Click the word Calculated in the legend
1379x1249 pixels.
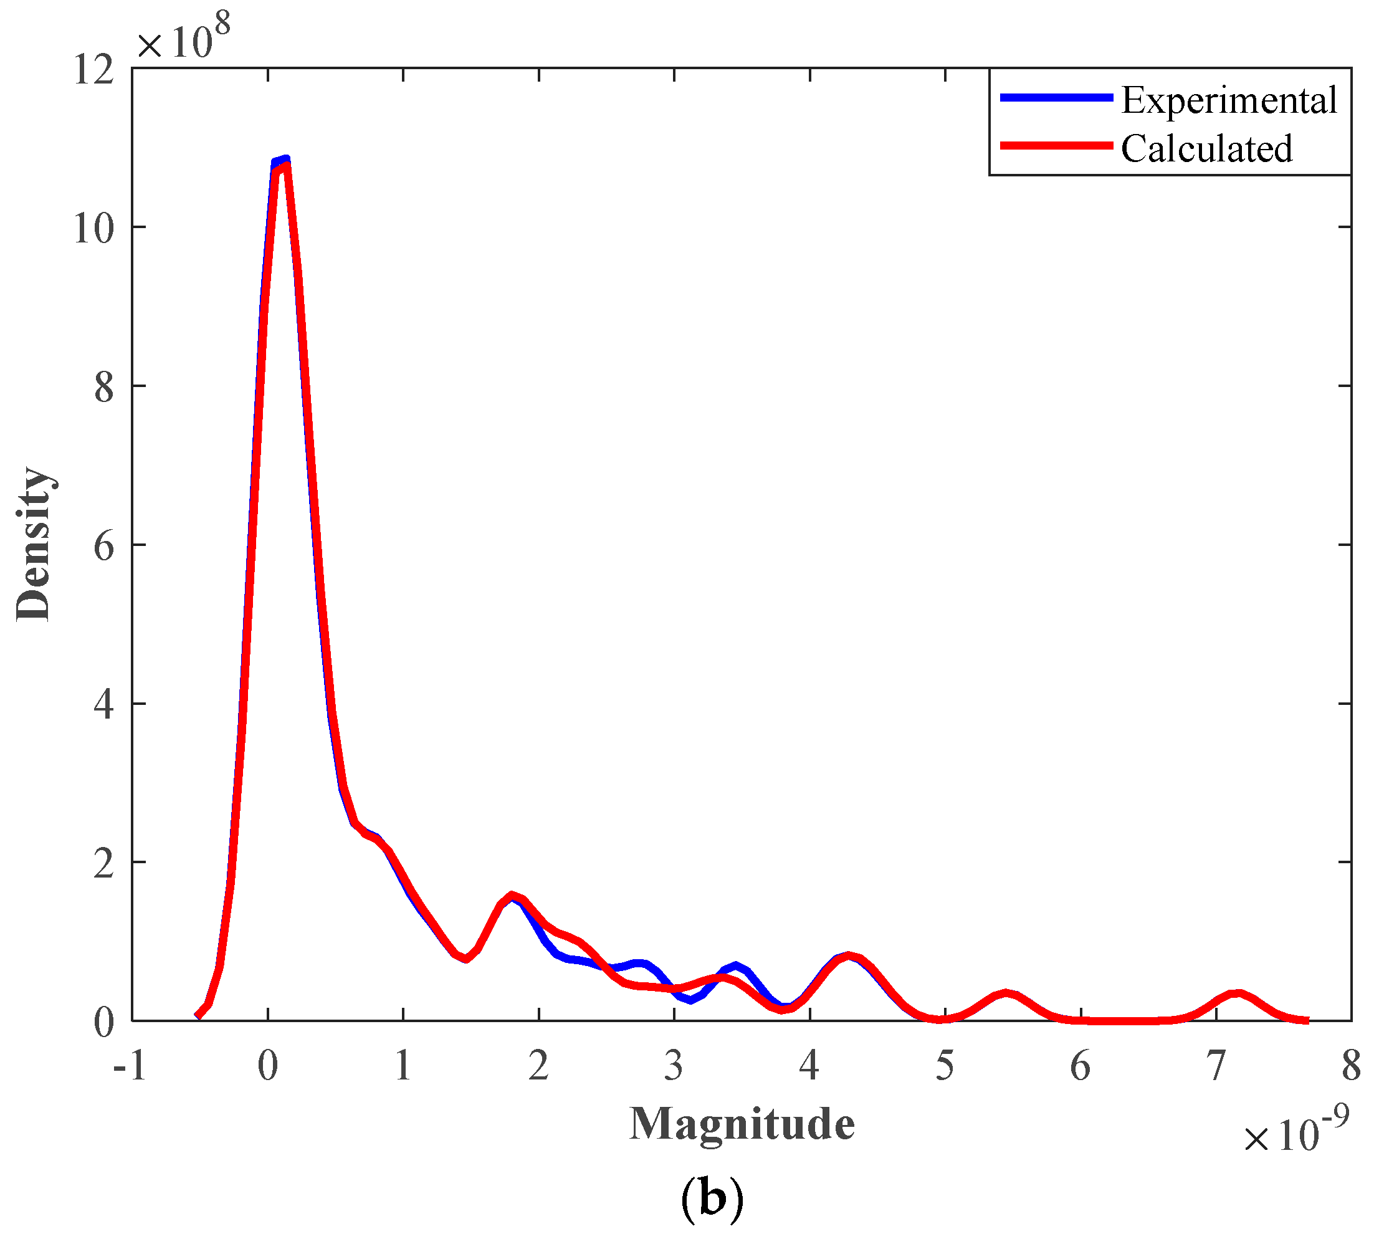tap(1206, 149)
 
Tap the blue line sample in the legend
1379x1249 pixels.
tap(1056, 98)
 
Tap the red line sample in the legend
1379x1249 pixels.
tap(1056, 146)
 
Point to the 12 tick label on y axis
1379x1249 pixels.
tap(93, 70)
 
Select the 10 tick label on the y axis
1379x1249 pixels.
tap(93, 229)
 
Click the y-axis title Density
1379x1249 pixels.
tap(34, 543)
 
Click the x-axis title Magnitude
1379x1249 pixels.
tap(742, 1124)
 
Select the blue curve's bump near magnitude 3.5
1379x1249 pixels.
tap(736, 966)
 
